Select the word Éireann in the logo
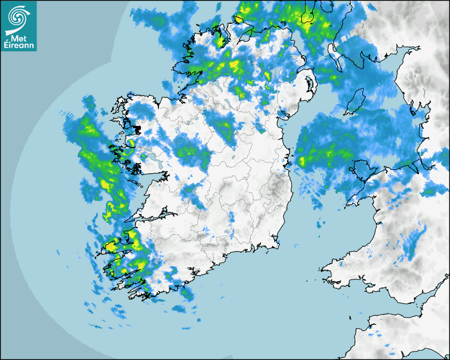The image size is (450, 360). (19, 44)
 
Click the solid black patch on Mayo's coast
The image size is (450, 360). (138, 129)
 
